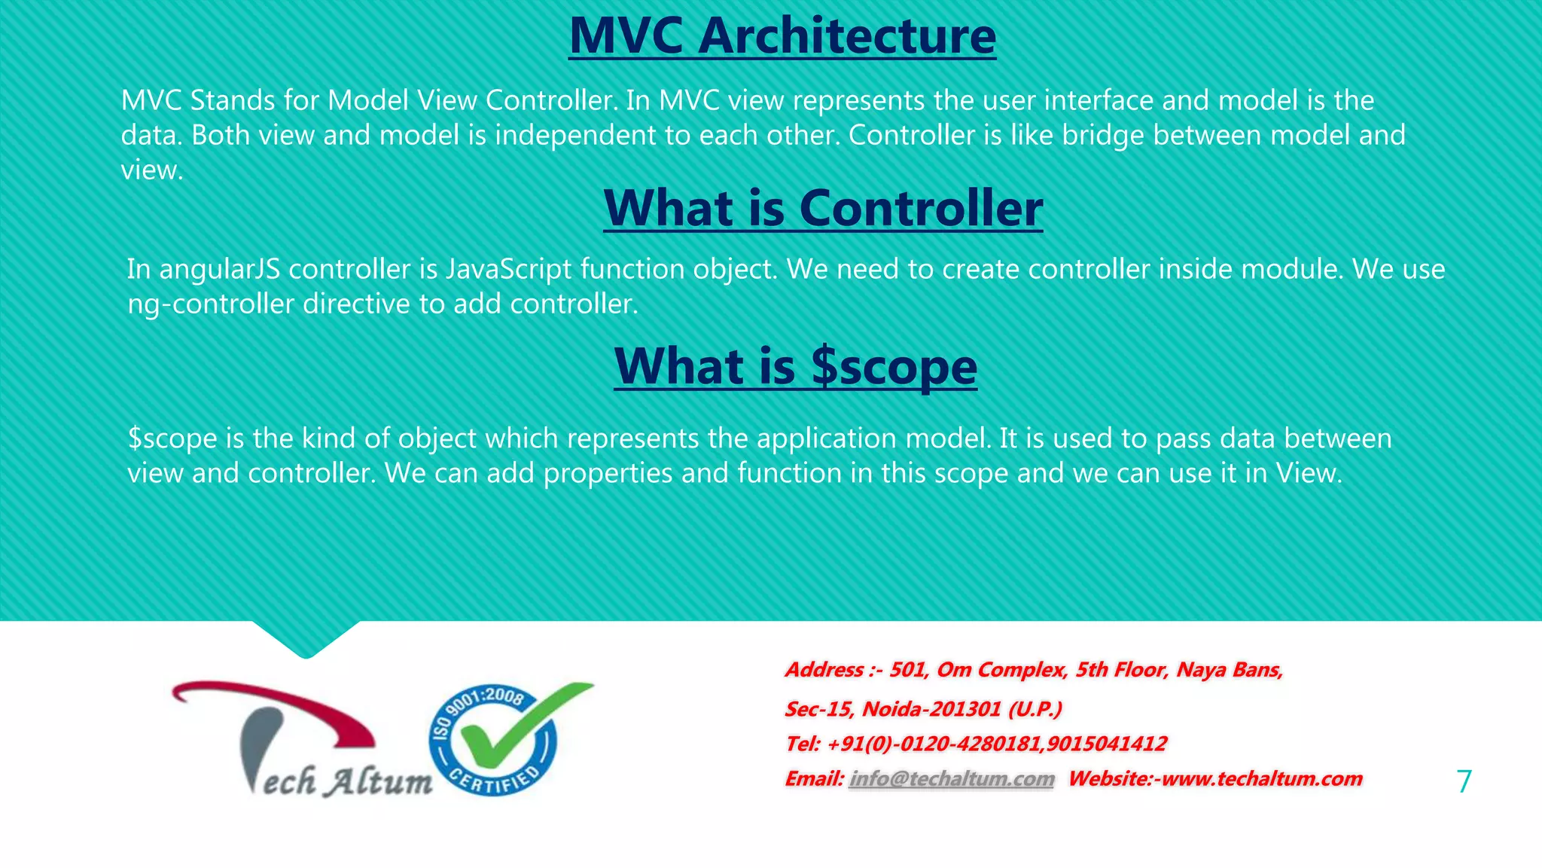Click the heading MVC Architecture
(x=782, y=36)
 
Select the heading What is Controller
(x=823, y=208)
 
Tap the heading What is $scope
(x=795, y=367)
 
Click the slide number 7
(x=1464, y=781)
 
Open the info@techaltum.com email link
(x=952, y=779)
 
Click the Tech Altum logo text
(x=339, y=781)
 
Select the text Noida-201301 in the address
(x=931, y=709)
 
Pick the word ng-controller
(x=211, y=304)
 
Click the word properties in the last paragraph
(x=608, y=474)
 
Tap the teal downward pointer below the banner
(x=306, y=640)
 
